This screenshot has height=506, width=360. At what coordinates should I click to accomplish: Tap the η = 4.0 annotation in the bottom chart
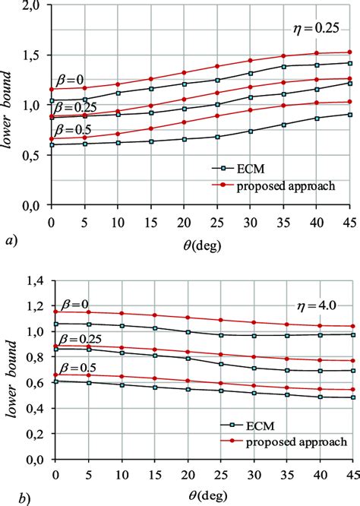316,304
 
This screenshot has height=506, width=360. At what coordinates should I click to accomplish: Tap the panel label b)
9,499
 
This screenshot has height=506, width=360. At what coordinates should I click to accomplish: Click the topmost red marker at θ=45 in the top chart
349,52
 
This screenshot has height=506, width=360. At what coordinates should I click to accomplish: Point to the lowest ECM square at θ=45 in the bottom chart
349,419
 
